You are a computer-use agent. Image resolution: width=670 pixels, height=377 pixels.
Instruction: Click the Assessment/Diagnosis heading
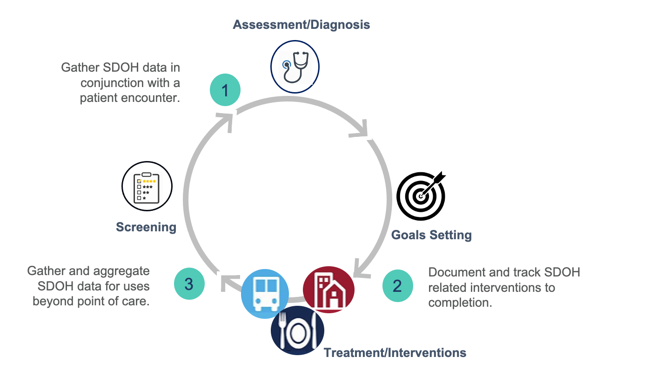(301, 25)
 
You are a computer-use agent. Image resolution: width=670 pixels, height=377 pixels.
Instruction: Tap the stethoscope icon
(295, 67)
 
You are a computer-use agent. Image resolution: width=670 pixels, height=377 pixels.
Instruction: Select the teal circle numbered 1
(225, 90)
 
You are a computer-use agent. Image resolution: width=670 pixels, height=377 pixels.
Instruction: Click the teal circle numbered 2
(397, 286)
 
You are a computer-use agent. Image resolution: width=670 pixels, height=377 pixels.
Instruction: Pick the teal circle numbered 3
(189, 283)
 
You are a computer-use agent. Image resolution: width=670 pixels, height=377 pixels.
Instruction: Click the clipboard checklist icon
(147, 186)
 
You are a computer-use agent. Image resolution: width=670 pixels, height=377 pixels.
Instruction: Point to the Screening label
(146, 227)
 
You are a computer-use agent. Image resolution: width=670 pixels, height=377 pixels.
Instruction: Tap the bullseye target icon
(421, 196)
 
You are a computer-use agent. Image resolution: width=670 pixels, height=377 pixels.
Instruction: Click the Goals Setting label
(431, 235)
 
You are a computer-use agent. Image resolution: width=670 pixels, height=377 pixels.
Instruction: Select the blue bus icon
(265, 294)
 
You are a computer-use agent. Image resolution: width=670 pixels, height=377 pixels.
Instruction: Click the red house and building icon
(328, 289)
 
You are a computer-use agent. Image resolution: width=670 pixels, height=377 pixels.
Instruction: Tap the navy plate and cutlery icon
(297, 330)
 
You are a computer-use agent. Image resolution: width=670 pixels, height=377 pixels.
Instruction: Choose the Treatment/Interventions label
(395, 353)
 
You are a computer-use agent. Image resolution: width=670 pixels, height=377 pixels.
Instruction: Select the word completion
(460, 303)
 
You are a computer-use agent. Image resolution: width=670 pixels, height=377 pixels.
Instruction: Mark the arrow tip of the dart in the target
(421, 196)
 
